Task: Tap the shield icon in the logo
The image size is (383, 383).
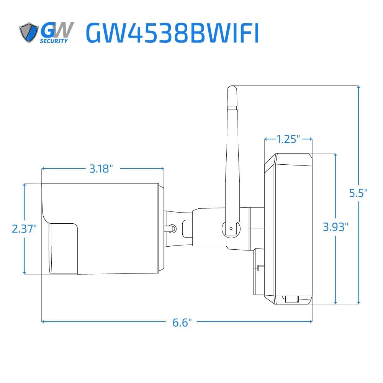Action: tap(29, 33)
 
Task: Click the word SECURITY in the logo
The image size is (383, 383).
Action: tap(54, 41)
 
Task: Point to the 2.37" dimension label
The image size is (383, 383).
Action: tap(24, 229)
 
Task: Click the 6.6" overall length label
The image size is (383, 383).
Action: tap(182, 322)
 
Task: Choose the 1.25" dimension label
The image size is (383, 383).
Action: tap(288, 139)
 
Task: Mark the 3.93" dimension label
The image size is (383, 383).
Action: tap(336, 227)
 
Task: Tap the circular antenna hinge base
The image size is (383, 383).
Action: tap(231, 229)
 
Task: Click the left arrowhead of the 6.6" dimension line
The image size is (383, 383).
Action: tap(43, 321)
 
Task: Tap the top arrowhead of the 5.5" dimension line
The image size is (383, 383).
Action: tap(358, 87)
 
